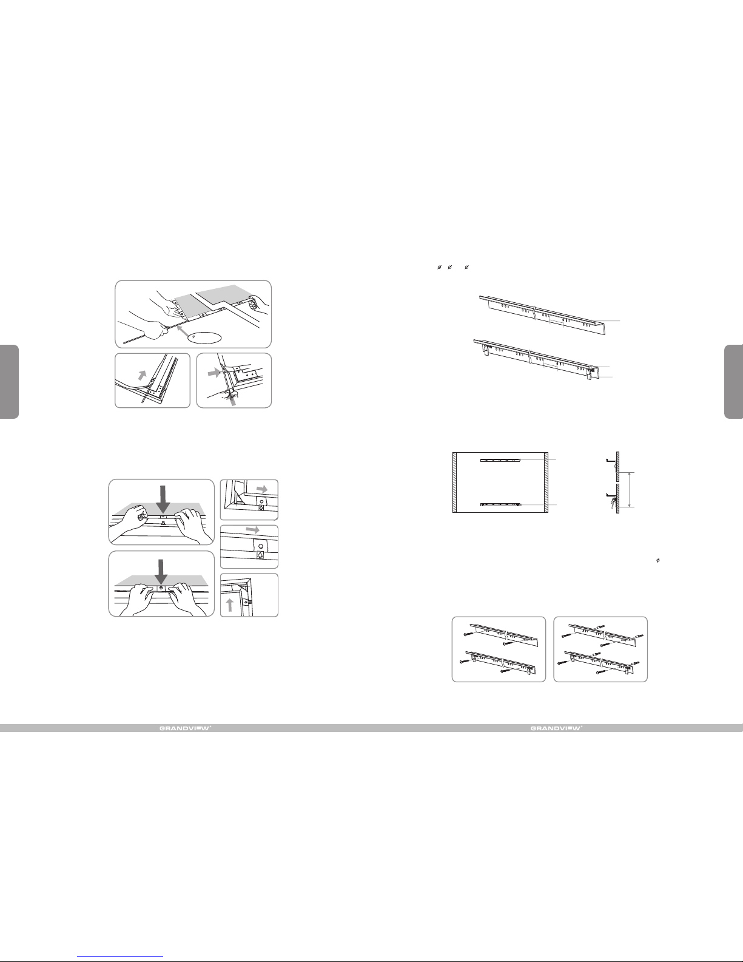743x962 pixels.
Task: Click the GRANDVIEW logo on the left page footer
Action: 186,728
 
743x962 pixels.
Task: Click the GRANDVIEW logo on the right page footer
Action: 557,728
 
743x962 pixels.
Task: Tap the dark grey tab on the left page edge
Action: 9,382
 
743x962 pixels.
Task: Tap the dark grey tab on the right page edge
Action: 734,382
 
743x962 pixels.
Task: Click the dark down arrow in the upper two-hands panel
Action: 163,500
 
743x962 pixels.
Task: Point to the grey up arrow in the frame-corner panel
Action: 229,605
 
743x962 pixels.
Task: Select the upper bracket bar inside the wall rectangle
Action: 500,460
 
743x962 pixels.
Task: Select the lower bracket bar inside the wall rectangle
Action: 500,504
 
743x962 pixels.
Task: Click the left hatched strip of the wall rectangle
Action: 455,482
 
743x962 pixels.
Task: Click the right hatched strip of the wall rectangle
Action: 546,482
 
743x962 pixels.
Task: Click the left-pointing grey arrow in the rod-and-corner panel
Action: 214,373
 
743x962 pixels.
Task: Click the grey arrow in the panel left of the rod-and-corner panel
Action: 142,376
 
